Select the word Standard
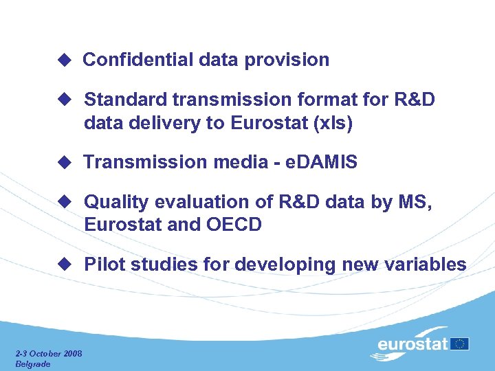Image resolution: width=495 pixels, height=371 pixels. click(126, 100)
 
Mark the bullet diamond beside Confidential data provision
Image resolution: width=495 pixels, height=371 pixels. click(64, 60)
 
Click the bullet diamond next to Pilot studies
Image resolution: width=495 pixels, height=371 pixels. click(64, 265)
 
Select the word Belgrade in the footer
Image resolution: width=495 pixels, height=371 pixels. click(33, 363)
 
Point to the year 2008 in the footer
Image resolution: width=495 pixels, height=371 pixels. click(71, 353)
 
